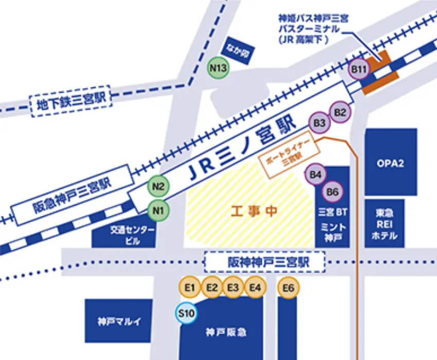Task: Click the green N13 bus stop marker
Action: tap(219, 67)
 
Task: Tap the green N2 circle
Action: tap(158, 187)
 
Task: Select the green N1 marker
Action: tap(158, 209)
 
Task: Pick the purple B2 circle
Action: tap(340, 112)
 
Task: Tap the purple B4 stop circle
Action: tap(316, 175)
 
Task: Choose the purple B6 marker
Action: tap(333, 192)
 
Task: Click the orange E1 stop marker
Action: tap(190, 287)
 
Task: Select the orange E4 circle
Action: tap(255, 287)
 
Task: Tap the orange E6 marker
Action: tap(288, 287)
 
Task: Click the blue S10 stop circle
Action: tap(186, 313)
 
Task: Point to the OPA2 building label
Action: tap(391, 164)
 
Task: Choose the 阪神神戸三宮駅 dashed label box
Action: tap(265, 262)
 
